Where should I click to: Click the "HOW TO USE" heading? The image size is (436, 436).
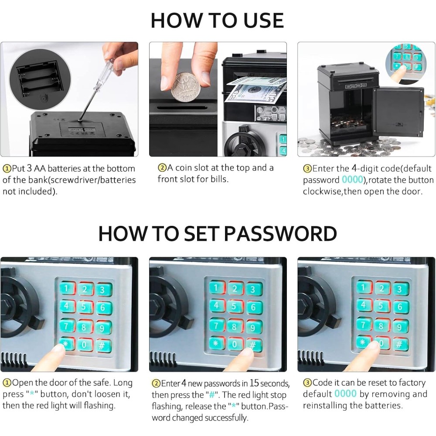tap(217, 20)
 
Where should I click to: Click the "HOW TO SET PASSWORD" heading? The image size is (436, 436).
tap(218, 233)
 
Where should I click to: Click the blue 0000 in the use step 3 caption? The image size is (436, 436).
tap(352, 180)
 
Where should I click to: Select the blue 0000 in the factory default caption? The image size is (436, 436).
tap(345, 394)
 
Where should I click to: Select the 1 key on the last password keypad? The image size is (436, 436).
tap(363, 287)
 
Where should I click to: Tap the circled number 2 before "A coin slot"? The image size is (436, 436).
tap(162, 168)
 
